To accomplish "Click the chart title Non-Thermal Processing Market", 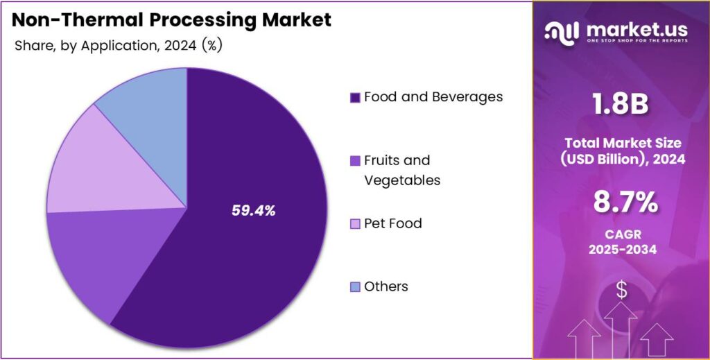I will [x=172, y=20].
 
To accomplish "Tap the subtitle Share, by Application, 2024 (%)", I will [x=118, y=46].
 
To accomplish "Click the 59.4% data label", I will [x=253, y=211].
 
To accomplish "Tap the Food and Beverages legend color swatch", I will [x=355, y=98].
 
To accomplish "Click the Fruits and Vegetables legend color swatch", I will [x=355, y=161].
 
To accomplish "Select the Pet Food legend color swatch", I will [x=355, y=224].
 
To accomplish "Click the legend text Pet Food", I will [x=392, y=223].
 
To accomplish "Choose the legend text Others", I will [x=386, y=286].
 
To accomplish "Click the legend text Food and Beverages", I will [x=433, y=97].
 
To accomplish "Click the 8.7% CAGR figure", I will [x=621, y=203].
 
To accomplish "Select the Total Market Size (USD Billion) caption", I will [x=621, y=151].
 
